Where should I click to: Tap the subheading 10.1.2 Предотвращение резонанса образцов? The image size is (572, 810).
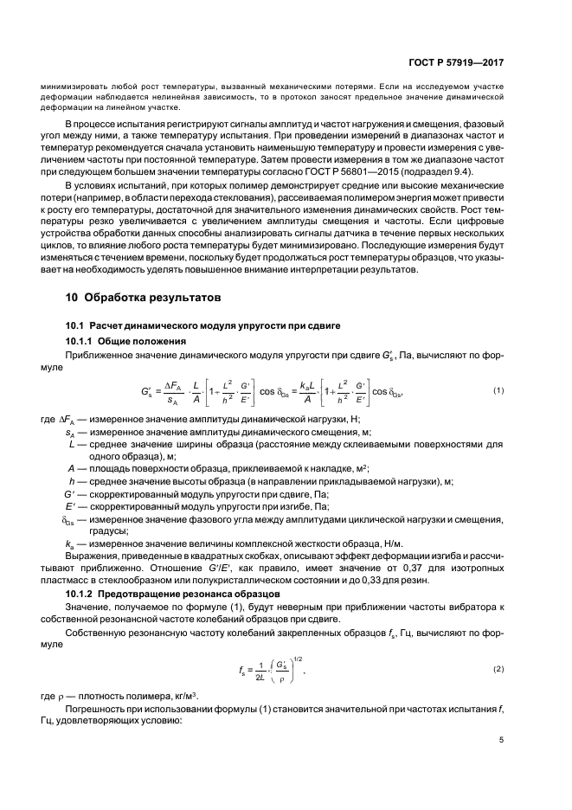point(160,597)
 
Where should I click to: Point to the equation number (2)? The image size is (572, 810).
point(499,670)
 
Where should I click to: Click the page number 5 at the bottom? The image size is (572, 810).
point(501,739)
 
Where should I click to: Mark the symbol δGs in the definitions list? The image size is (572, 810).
point(69,518)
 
